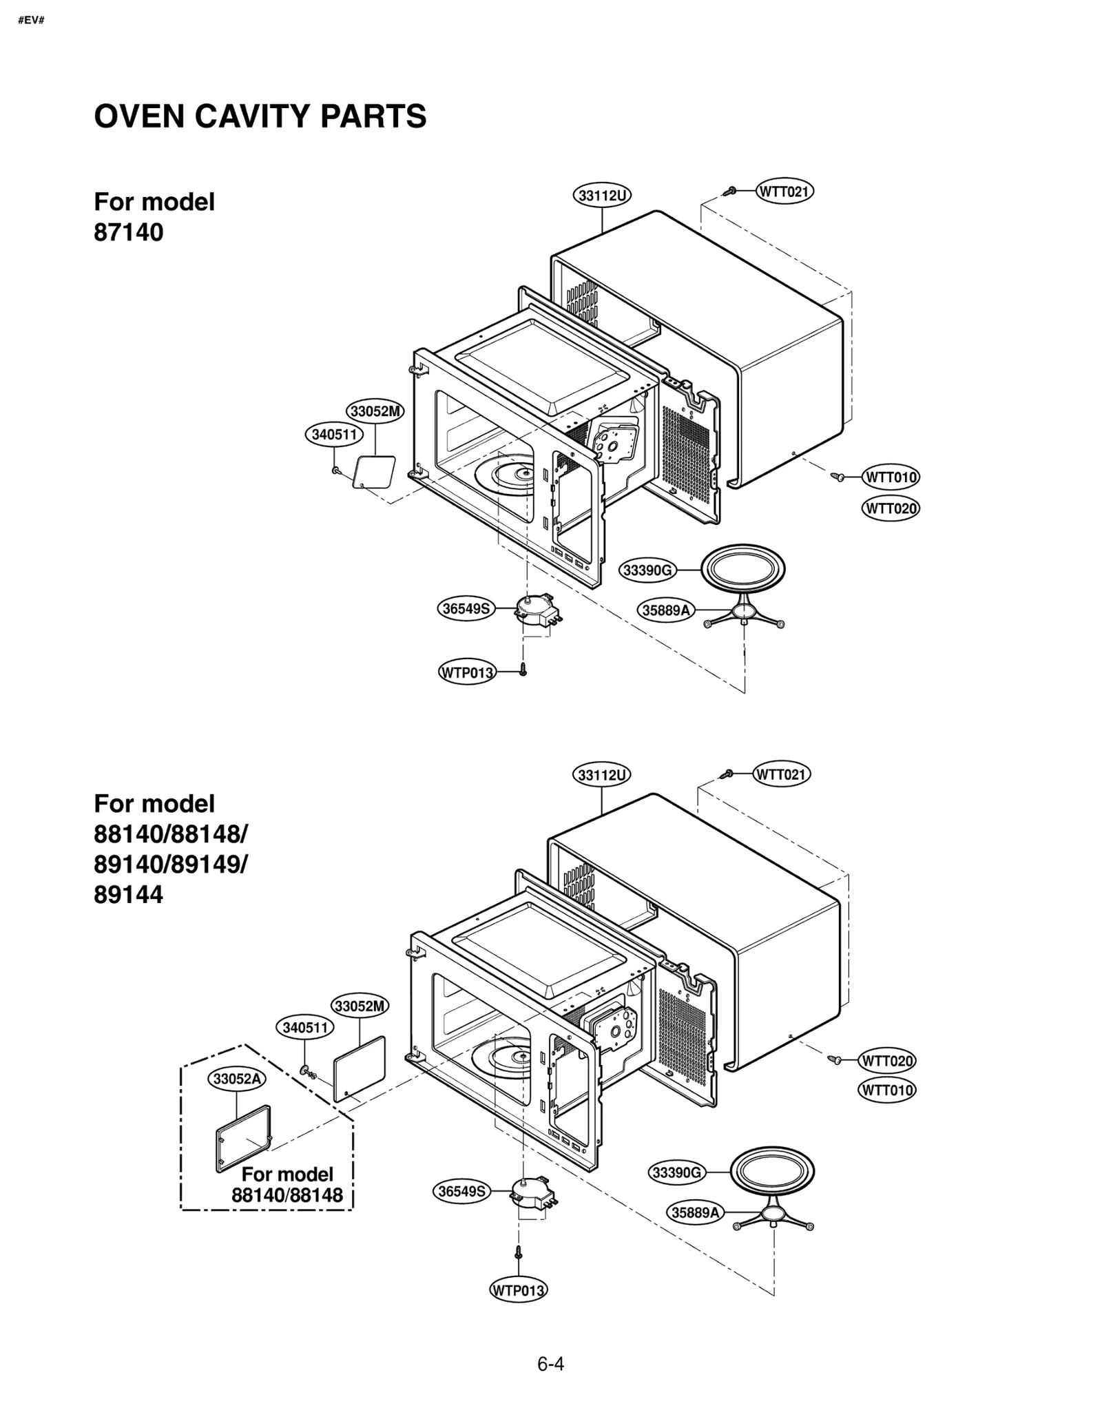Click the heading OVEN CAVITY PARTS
(260, 116)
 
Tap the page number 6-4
(550, 1364)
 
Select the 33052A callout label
(236, 1079)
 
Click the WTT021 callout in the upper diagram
(784, 191)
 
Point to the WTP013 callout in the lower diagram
(518, 1290)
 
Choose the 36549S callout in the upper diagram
(466, 608)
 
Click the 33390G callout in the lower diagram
(677, 1172)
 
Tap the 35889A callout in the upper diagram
(666, 610)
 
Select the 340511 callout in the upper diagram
(333, 434)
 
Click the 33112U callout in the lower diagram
(601, 775)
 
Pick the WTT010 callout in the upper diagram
(891, 477)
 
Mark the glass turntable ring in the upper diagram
(742, 570)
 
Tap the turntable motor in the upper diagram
(537, 610)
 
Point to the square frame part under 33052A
(243, 1138)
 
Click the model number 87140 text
(129, 232)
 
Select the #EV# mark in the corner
(31, 20)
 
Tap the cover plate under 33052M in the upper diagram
(374, 472)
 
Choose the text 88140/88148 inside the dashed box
(287, 1195)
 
